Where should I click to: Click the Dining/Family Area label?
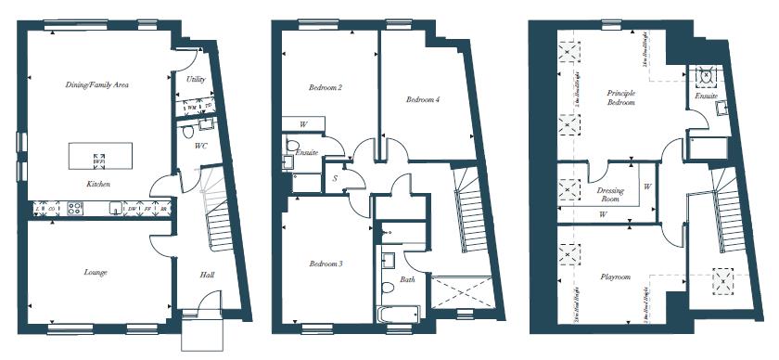pos(96,84)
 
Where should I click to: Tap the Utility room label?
pos(196,80)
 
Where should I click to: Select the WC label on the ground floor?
pos(200,146)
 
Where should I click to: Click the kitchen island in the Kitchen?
pos(100,155)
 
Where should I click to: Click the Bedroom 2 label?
pos(326,88)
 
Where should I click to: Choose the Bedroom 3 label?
pos(326,264)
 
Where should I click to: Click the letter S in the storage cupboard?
pos(334,176)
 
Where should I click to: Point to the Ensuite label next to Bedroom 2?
pos(307,151)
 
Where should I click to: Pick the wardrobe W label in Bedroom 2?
pos(303,123)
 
